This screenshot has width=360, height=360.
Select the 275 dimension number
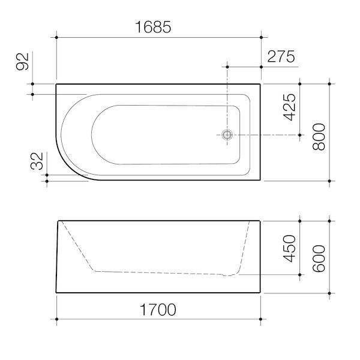280,57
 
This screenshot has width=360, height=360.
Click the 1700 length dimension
157,311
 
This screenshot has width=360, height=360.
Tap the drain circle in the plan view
227,135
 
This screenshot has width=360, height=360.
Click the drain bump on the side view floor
226,275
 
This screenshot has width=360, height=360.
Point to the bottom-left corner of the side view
56,293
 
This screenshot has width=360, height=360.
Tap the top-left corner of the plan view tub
56,84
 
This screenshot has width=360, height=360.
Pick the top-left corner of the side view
58,221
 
